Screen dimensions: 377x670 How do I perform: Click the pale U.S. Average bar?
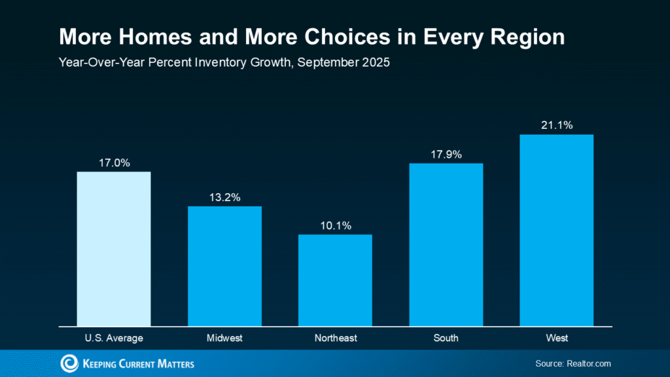pyautogui.click(x=114, y=249)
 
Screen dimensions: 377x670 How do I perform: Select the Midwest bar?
pyautogui.click(x=224, y=266)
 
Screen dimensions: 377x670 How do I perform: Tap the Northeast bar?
pyautogui.click(x=335, y=280)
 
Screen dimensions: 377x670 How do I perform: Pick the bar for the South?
pyautogui.click(x=446, y=244)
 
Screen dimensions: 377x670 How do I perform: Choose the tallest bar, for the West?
pyautogui.click(x=556, y=230)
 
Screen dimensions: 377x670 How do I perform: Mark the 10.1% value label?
pyautogui.click(x=335, y=225)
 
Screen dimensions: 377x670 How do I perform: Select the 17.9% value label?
pyautogui.click(x=446, y=154)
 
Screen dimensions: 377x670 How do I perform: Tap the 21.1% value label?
pyautogui.click(x=556, y=125)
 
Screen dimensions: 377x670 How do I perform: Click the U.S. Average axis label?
pyautogui.click(x=114, y=338)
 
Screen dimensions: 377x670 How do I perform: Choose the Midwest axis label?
pyautogui.click(x=224, y=338)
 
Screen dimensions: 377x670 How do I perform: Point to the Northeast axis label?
pyautogui.click(x=335, y=338)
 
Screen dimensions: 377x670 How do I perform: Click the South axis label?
pyautogui.click(x=446, y=338)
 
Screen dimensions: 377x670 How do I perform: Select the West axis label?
pyautogui.click(x=556, y=338)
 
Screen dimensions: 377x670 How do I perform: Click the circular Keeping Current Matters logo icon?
pyautogui.click(x=69, y=363)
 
